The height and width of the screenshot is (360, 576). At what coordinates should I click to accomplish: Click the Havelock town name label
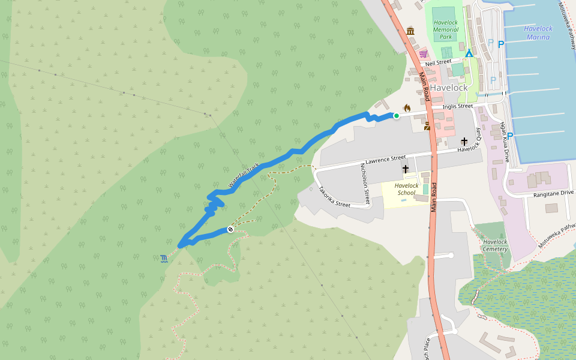tap(448, 88)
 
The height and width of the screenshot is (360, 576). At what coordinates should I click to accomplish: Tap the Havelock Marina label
tap(538, 32)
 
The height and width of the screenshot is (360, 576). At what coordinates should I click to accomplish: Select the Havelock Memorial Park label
tap(446, 29)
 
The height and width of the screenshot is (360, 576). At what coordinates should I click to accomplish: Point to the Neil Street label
tap(438, 62)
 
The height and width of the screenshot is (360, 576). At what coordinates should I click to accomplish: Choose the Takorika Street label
tap(334, 196)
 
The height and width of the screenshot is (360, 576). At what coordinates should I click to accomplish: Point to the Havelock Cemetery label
tap(495, 245)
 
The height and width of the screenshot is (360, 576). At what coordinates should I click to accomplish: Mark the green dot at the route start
tap(396, 116)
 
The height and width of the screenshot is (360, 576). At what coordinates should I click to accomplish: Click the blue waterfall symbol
tap(164, 259)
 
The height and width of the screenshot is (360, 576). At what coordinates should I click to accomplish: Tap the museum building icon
tap(410, 31)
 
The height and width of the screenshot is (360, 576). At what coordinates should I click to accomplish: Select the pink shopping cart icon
tap(423, 54)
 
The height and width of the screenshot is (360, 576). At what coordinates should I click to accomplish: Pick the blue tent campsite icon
tap(469, 53)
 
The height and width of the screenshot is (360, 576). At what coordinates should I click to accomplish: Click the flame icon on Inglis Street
tap(407, 108)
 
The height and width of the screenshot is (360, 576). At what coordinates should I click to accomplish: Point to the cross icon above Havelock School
tap(406, 169)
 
